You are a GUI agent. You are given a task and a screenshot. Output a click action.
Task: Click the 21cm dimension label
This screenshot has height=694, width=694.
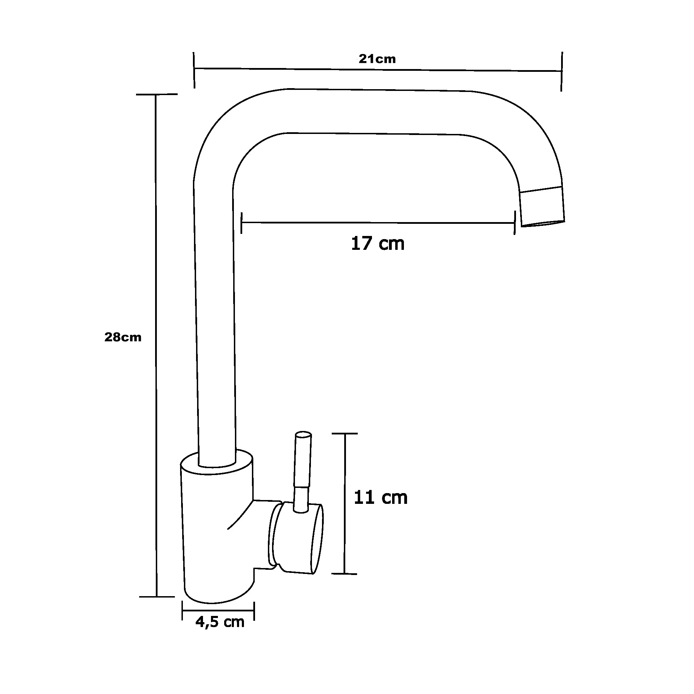pyautogui.click(x=377, y=59)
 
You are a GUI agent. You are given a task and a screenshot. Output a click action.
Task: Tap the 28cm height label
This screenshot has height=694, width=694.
pyautogui.click(x=123, y=337)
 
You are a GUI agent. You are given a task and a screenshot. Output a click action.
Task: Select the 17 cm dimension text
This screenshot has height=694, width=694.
pyautogui.click(x=378, y=244)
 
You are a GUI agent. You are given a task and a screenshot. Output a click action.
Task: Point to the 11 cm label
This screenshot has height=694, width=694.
pyautogui.click(x=380, y=498)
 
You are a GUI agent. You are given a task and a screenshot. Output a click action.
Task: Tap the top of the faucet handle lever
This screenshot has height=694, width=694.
pyautogui.click(x=303, y=435)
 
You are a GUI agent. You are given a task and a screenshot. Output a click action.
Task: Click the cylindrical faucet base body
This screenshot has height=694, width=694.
pyautogui.click(x=217, y=528)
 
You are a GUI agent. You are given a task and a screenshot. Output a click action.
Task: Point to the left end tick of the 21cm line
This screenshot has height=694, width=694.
pyautogui.click(x=194, y=70)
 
